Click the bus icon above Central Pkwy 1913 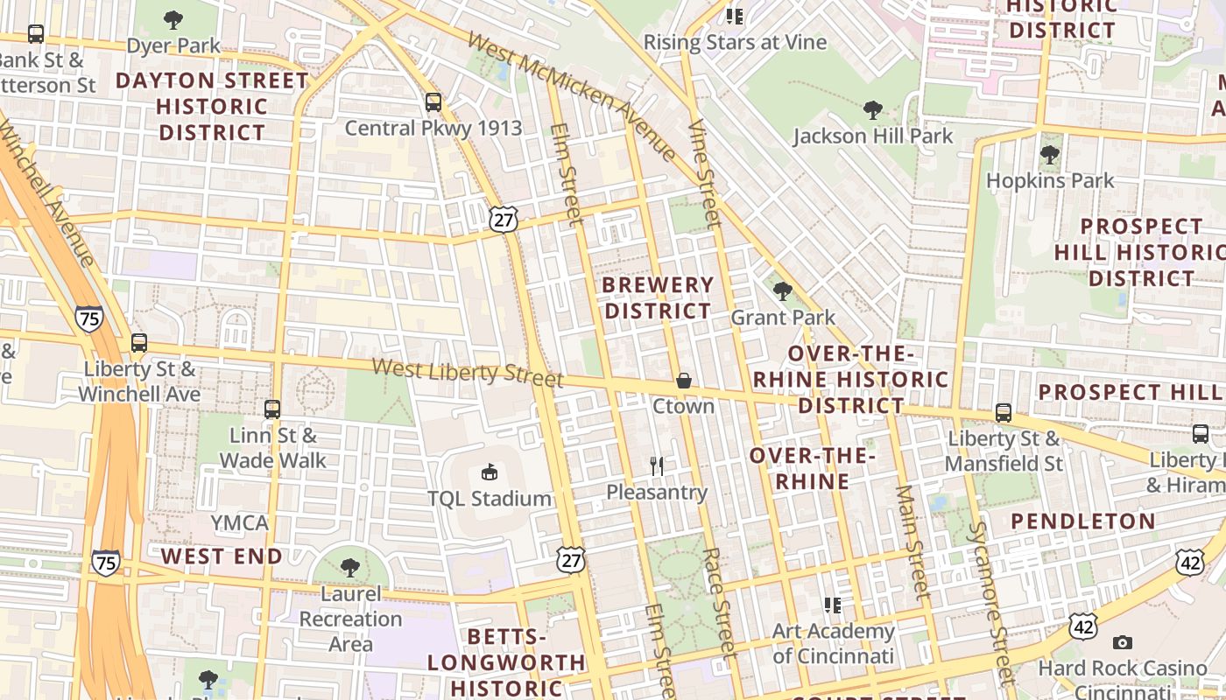[433, 102]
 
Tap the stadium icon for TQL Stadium [490, 472]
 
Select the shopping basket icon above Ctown [683, 381]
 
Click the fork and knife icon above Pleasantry [657, 466]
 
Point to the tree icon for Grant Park [782, 290]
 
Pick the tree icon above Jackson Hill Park [872, 110]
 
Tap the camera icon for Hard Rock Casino [1122, 642]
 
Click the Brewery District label [659, 297]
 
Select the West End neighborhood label [222, 556]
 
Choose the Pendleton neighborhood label [1083, 521]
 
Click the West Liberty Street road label [467, 372]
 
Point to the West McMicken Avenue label [571, 96]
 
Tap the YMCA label [239, 523]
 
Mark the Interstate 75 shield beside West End [105, 563]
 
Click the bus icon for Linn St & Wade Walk [272, 409]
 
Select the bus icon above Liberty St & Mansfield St [1004, 412]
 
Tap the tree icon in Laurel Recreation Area [350, 568]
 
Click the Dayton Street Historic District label [212, 107]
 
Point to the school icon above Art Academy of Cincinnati [832, 605]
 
